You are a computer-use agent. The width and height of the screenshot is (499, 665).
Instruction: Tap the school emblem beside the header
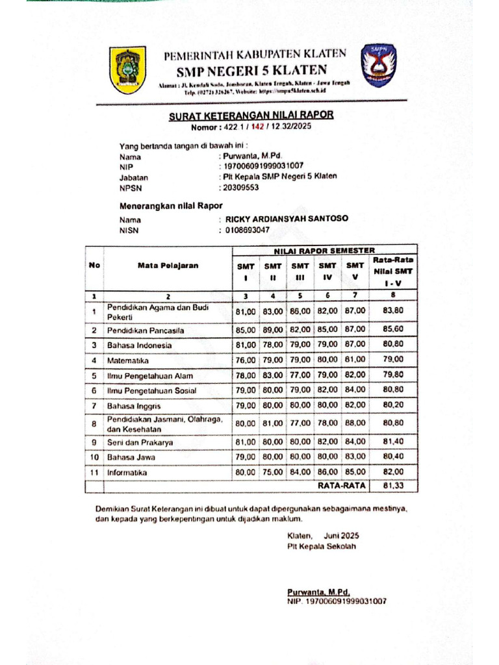[x=378, y=65]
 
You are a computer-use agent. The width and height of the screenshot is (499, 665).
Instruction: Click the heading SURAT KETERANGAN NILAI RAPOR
[x=251, y=116]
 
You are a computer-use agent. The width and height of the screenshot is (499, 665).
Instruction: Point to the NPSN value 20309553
[x=240, y=188]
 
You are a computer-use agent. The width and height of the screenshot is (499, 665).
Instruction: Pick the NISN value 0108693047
[x=247, y=230]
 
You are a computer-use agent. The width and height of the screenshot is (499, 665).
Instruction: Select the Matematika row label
[x=128, y=360]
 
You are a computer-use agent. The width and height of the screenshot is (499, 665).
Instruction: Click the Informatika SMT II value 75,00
[x=272, y=473]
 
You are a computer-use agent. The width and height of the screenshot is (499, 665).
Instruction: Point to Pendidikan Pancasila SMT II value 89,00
[x=272, y=330]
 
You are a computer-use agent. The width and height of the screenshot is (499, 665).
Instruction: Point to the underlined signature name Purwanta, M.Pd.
[x=318, y=592]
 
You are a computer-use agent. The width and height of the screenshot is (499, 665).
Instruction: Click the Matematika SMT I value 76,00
[x=245, y=360]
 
